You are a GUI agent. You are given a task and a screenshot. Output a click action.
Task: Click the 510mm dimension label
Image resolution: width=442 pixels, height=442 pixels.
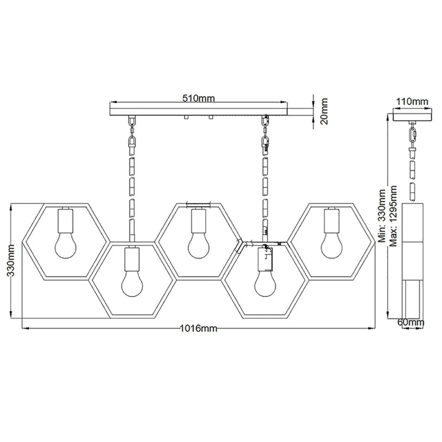tap(199, 98)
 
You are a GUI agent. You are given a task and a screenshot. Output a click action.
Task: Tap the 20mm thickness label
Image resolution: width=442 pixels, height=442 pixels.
tap(324, 111)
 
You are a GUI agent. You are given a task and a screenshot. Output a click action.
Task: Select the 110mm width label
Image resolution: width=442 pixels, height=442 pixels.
tap(412, 101)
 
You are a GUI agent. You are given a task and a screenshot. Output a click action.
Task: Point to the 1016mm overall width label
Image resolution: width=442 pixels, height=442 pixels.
tap(199, 328)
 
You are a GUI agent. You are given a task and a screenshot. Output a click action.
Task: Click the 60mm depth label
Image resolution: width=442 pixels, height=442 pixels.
tap(411, 322)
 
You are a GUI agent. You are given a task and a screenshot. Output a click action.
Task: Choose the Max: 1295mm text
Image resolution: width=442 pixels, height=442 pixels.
tap(394, 216)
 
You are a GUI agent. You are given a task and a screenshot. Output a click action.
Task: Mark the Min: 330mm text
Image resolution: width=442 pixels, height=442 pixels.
tap(382, 216)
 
